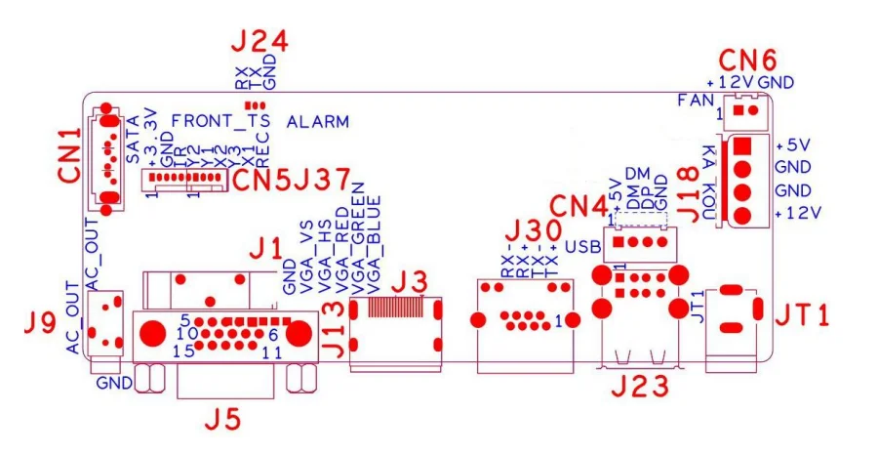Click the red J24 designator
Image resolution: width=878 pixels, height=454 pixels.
coord(259,42)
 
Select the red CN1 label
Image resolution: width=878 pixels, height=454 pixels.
coord(69,155)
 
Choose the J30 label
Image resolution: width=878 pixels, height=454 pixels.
coord(533,231)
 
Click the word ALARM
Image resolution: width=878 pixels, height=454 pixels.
coord(318,122)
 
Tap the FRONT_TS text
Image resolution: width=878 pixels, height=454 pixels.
coord(220,120)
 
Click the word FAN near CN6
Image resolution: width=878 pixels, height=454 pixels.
coord(696,100)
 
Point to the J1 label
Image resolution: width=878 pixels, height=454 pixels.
coord(263,250)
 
